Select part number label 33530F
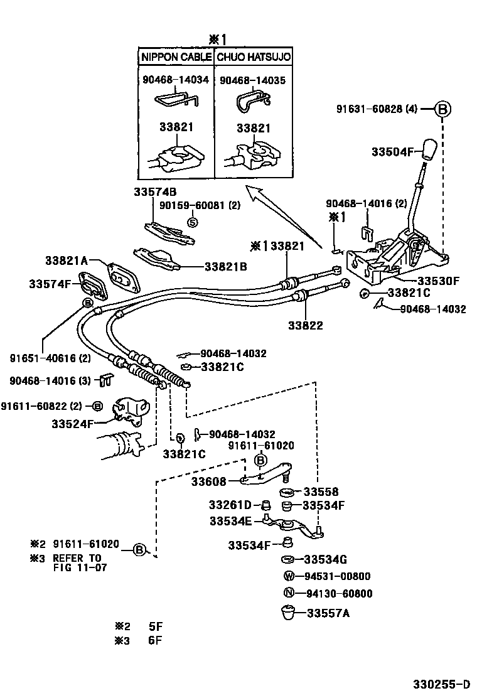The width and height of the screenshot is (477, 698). coord(439,281)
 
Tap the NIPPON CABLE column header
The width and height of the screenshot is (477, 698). coord(176,56)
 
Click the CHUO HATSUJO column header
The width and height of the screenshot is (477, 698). coord(254,56)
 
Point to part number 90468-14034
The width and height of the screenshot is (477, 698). coord(176,80)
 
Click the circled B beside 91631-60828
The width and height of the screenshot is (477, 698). coord(442,109)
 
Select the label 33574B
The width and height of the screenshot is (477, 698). coord(155,191)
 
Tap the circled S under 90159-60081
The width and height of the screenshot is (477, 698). coord(193,221)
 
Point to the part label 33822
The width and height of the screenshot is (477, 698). coord(306,325)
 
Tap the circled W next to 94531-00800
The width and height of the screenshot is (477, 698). coord(288,576)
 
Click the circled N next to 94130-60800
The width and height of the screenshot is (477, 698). coord(288,593)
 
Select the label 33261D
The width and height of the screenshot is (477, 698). coord(230,505)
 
